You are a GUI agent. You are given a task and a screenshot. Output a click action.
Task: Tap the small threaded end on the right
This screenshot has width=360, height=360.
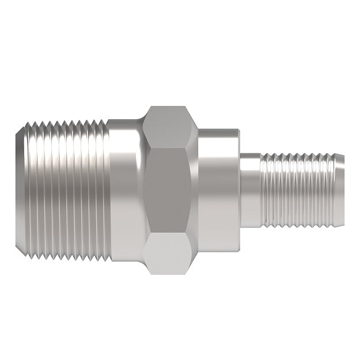[300, 190]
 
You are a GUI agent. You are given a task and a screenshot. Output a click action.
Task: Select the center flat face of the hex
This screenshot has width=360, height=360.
[170, 190]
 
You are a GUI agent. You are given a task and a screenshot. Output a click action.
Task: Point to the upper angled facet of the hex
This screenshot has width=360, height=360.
[170, 127]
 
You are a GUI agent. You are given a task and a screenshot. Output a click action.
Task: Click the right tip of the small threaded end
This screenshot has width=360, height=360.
[341, 190]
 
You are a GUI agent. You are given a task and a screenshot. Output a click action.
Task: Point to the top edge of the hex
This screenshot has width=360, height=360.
[170, 107]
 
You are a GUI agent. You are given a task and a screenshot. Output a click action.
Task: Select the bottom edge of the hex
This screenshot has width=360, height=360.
[170, 273]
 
